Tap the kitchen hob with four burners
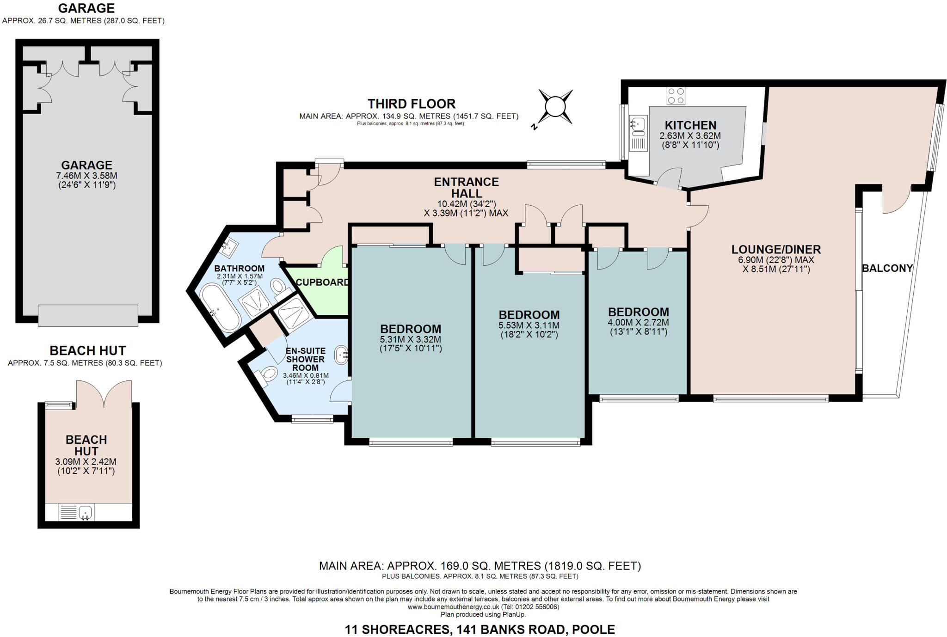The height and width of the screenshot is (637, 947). (676, 96)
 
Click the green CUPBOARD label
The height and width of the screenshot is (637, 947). (322, 282)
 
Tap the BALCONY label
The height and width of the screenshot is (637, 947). (887, 268)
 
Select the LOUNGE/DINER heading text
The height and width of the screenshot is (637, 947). (776, 250)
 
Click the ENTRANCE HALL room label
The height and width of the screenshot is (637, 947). (466, 187)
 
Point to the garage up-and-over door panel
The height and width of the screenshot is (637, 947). (88, 315)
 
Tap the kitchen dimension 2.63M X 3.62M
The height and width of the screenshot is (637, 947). (690, 136)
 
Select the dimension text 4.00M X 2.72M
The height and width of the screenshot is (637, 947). (638, 323)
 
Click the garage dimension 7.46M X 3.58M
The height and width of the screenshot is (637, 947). (86, 176)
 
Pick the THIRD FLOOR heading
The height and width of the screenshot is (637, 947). (411, 104)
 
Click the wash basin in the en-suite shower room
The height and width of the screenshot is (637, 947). (341, 355)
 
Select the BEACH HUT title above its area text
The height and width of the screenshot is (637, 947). (87, 350)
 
